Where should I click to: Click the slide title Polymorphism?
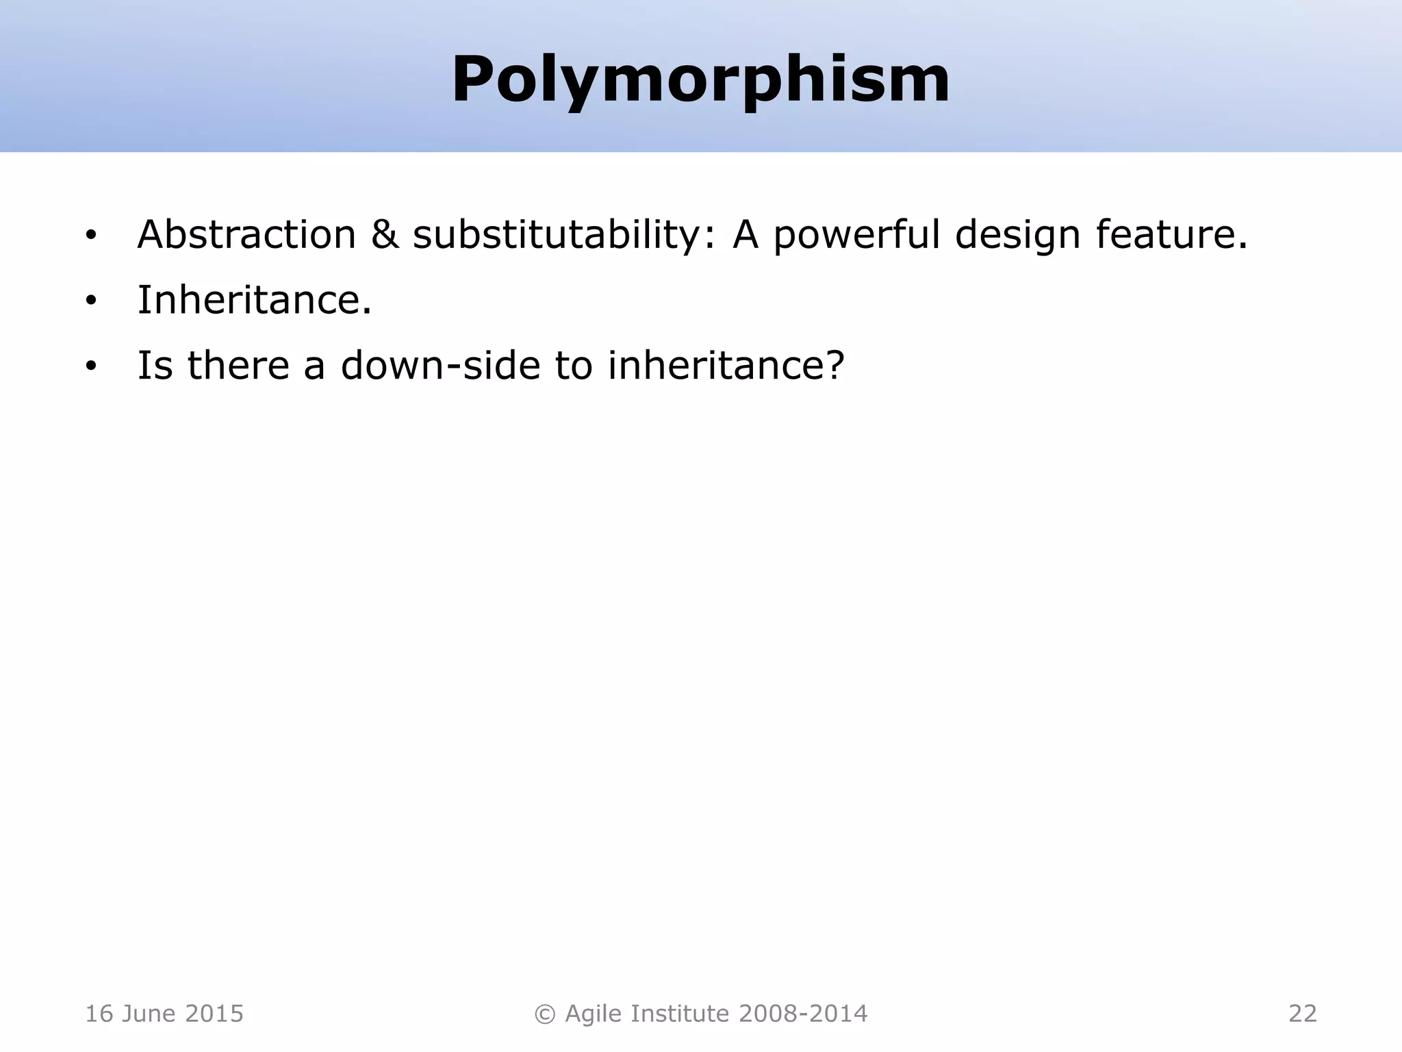point(700,80)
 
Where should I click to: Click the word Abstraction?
point(246,235)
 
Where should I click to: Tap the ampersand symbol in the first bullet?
point(385,235)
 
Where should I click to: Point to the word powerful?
point(856,235)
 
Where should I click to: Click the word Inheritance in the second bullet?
point(254,300)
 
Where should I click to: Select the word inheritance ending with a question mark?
point(726,365)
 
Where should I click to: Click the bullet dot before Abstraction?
point(91,236)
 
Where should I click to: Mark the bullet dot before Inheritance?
point(91,301)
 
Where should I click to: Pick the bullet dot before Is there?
point(91,366)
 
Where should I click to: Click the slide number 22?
point(1302,1014)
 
